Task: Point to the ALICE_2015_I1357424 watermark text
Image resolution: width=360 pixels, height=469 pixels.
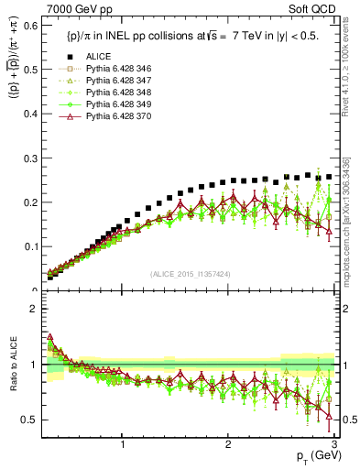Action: coord(190,274)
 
